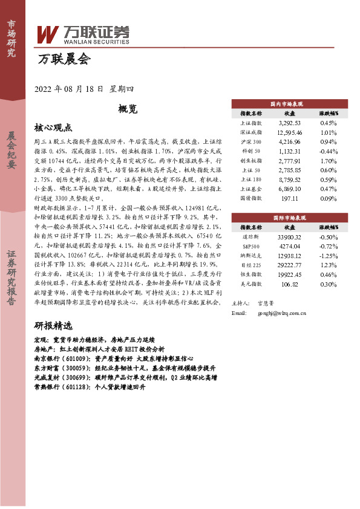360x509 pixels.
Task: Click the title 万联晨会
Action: tap(64, 59)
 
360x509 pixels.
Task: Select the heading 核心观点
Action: tap(53, 128)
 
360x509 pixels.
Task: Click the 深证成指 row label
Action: tap(251, 132)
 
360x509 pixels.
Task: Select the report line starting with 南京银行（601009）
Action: tap(125, 358)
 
